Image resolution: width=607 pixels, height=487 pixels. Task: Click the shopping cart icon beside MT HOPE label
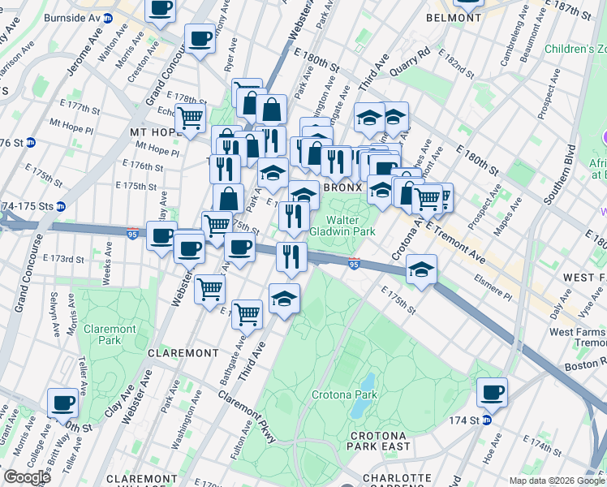190,119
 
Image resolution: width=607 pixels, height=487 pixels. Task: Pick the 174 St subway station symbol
487,420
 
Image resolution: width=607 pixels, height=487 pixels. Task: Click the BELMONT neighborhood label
454,16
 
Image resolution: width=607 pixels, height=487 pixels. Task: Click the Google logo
27,476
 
